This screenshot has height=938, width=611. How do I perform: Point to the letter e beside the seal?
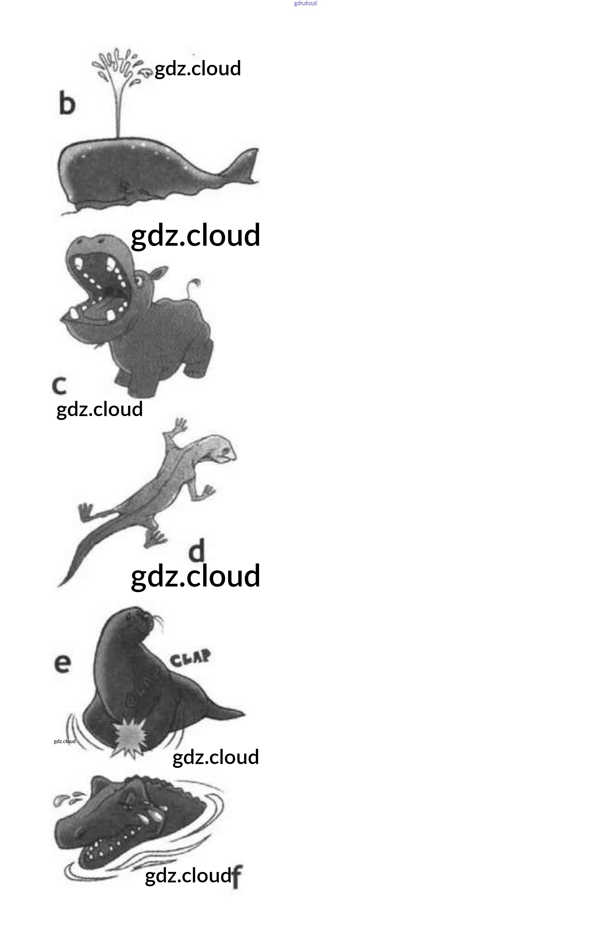62,663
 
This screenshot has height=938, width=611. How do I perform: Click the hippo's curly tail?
194,286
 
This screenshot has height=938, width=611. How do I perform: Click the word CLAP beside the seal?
190,657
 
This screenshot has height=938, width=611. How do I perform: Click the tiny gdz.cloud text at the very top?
305,4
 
